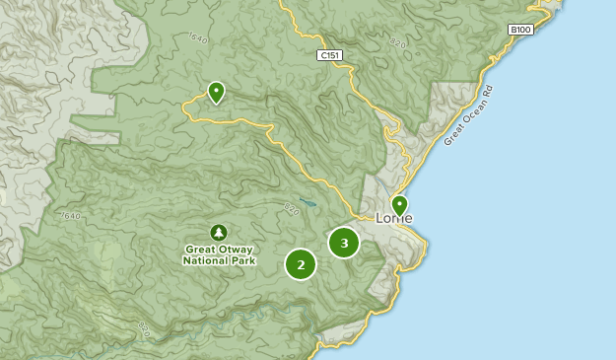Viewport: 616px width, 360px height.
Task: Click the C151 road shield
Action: pyautogui.click(x=330, y=56)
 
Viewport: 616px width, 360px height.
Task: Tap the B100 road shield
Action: pyautogui.click(x=520, y=31)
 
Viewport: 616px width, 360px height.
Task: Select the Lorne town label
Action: pyautogui.click(x=394, y=219)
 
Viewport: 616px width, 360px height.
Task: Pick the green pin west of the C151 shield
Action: pyautogui.click(x=215, y=93)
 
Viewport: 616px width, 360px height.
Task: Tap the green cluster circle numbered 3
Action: pyautogui.click(x=344, y=243)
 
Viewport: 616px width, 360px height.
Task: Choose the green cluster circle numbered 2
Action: pyautogui.click(x=301, y=264)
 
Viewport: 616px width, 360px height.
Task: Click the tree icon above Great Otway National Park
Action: pyautogui.click(x=219, y=232)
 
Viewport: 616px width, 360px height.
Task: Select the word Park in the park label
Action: pyautogui.click(x=242, y=261)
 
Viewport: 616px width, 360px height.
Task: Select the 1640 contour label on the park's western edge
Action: pyautogui.click(x=70, y=216)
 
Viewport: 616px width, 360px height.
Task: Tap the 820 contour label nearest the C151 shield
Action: pyautogui.click(x=397, y=44)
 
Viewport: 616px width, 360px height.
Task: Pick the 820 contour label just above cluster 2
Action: pyautogui.click(x=291, y=208)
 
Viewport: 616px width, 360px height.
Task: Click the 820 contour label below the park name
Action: pyautogui.click(x=146, y=327)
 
